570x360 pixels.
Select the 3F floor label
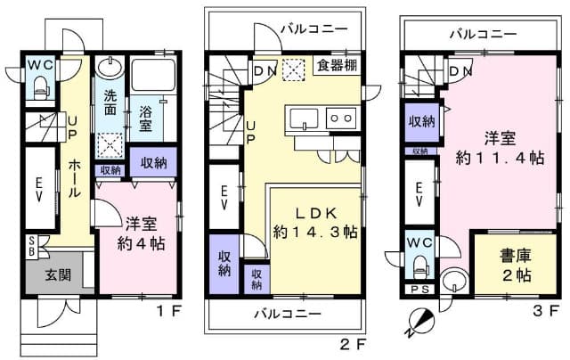click(x=547, y=312)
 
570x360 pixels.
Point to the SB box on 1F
click(x=32, y=245)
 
